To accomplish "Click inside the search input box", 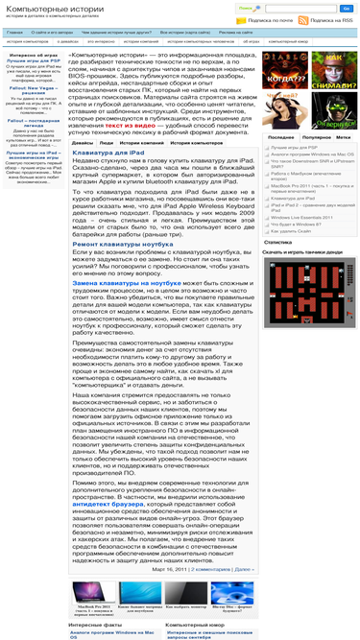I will (x=288, y=7).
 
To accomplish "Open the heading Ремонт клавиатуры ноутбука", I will (x=123, y=245).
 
